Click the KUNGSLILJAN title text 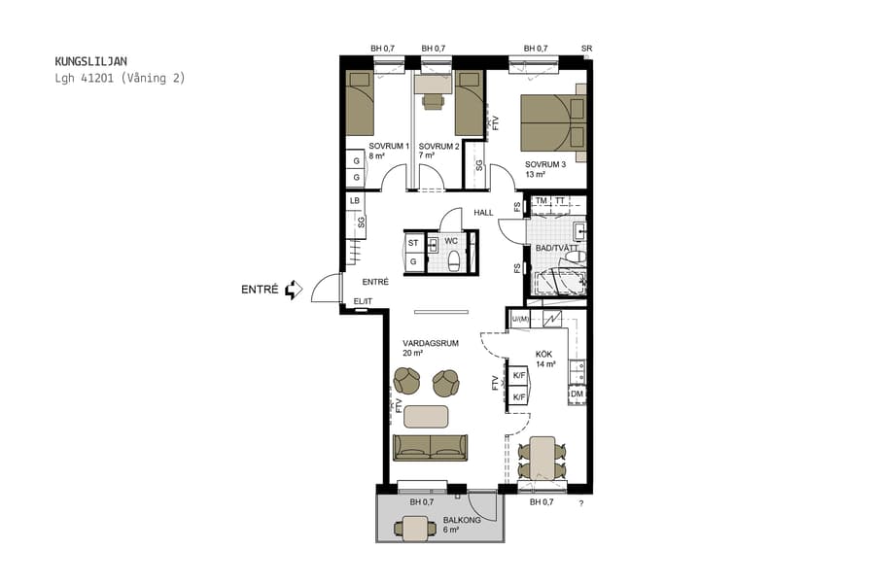(x=91, y=60)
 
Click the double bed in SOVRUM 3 (x=551, y=123)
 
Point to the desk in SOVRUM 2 (x=429, y=85)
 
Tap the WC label (x=451, y=241)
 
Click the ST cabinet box (x=413, y=243)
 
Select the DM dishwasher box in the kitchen (x=577, y=394)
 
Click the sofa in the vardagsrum (x=430, y=447)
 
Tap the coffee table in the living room (x=427, y=416)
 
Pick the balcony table (x=416, y=529)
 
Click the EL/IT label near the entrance (x=363, y=301)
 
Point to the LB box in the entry (x=356, y=201)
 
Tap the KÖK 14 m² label (x=544, y=360)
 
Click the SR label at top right (x=586, y=49)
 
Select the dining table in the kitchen (x=542, y=458)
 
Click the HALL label (x=483, y=213)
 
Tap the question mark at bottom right (x=581, y=504)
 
